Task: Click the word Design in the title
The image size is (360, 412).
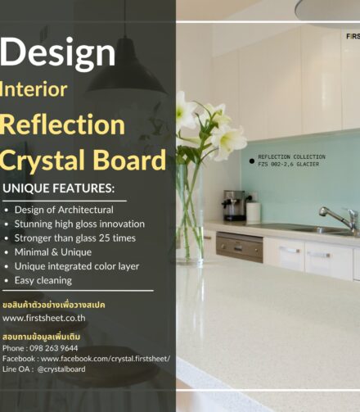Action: (x=57, y=52)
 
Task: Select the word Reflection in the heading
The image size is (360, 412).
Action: (x=62, y=125)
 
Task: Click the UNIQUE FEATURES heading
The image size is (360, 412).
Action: (x=59, y=188)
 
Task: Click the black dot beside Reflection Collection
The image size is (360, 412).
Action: (x=251, y=161)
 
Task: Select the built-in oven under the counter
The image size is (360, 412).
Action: (x=239, y=245)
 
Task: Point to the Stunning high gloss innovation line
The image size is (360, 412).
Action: (x=79, y=224)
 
